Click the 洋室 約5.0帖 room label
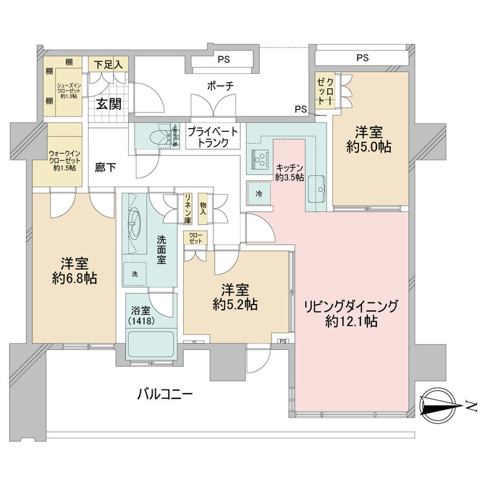click(369, 139)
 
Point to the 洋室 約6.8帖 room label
click(75, 272)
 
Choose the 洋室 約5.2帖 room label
click(235, 296)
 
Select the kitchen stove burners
click(261, 157)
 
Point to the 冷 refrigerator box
click(258, 192)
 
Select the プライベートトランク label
click(213, 136)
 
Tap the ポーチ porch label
click(220, 86)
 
